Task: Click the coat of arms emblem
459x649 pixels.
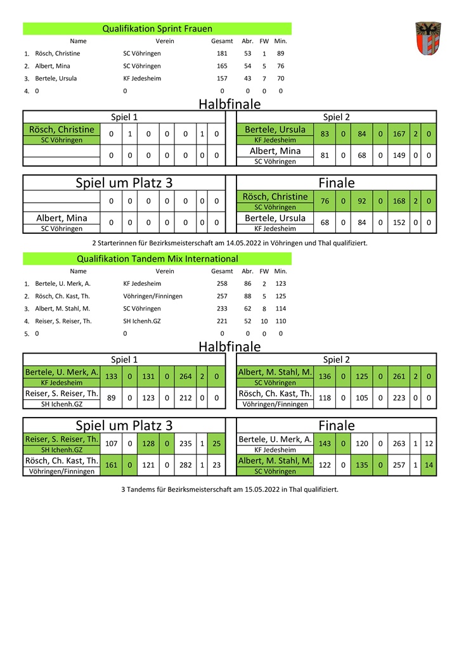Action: click(428, 39)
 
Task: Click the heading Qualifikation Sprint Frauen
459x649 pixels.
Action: click(157, 29)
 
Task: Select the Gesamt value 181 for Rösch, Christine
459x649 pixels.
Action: click(222, 54)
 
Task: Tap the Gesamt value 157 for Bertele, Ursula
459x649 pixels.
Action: click(222, 79)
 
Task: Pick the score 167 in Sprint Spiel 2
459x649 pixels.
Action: click(399, 134)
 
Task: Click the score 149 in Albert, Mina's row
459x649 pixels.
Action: click(399, 155)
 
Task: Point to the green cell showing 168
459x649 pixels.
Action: click(399, 202)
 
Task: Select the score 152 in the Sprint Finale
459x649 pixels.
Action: click(399, 222)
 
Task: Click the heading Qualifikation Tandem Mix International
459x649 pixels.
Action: click(157, 259)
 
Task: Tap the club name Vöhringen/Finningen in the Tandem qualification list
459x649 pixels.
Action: click(153, 296)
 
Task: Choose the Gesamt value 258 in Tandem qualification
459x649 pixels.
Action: click(222, 284)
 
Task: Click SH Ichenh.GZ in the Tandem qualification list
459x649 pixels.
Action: click(142, 321)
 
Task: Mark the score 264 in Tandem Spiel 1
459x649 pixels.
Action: click(185, 376)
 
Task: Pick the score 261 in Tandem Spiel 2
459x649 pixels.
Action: click(399, 376)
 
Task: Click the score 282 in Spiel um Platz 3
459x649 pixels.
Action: click(185, 465)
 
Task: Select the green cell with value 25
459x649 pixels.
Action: click(217, 444)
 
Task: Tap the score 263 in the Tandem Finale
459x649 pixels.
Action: click(399, 444)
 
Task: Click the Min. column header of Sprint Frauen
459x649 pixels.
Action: click(280, 41)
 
